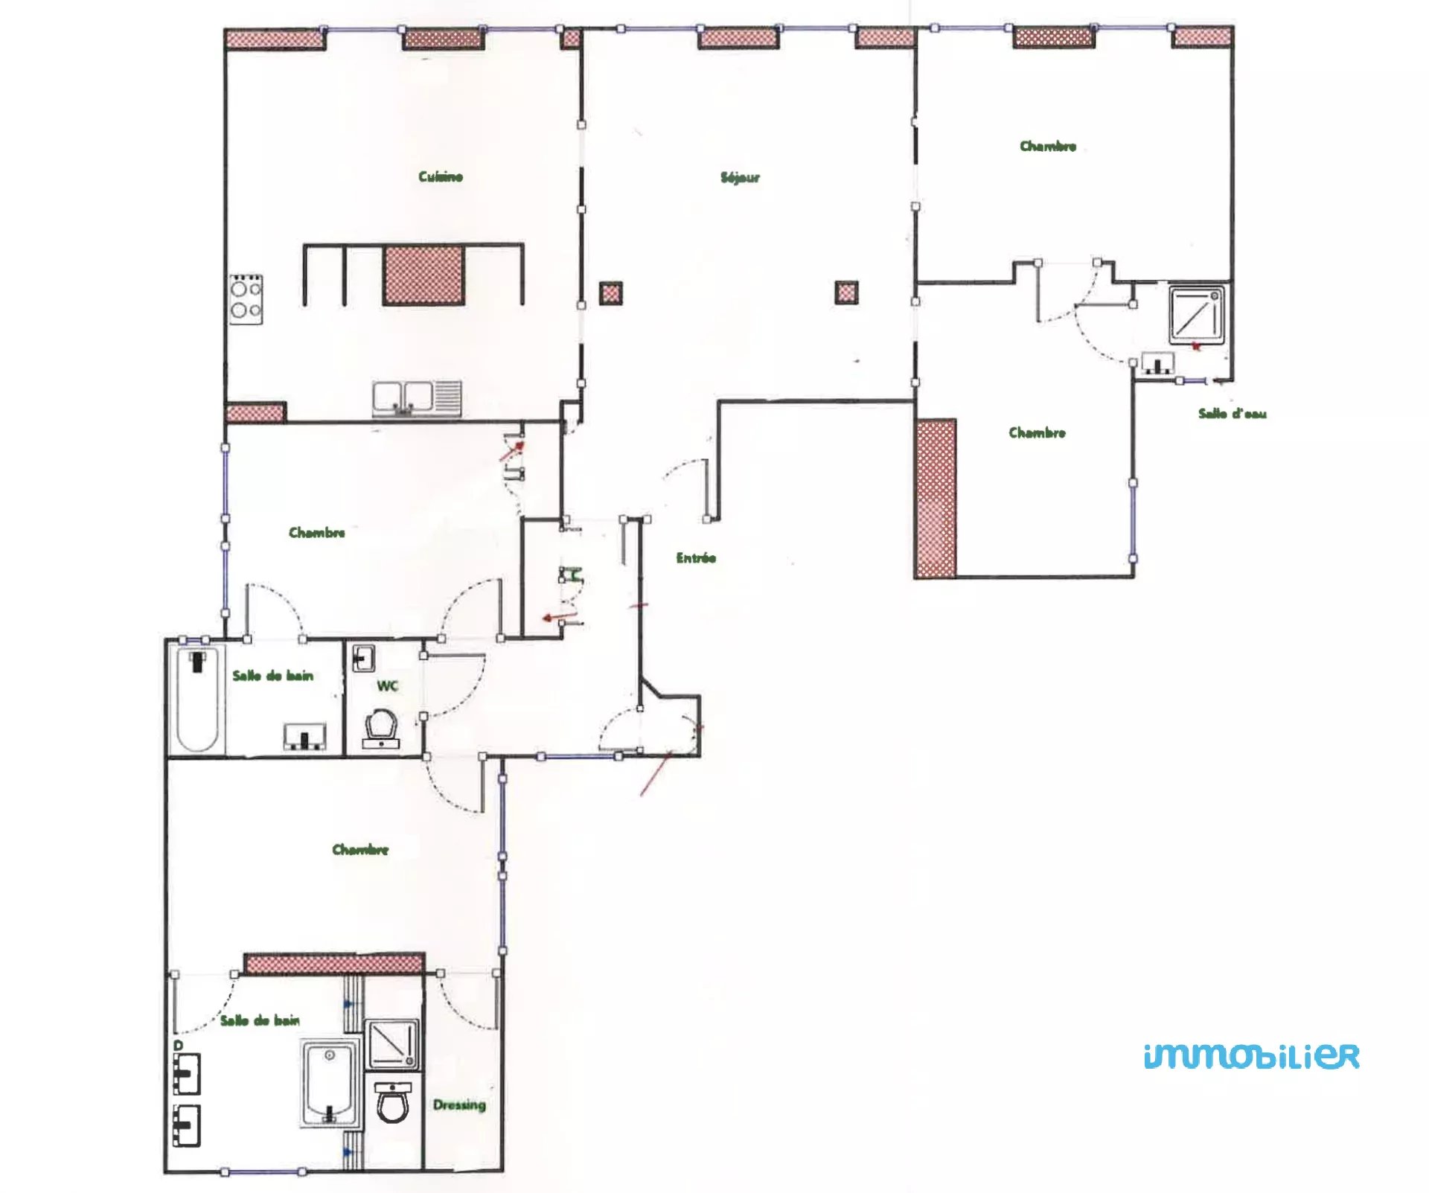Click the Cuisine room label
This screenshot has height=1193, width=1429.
click(441, 176)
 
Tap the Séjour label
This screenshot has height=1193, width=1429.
click(740, 177)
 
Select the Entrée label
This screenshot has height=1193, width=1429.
click(696, 557)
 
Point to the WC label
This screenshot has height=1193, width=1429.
click(387, 685)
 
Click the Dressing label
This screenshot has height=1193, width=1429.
click(459, 1105)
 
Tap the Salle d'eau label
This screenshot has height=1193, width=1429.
click(1232, 413)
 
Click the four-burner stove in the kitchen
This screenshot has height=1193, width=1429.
click(246, 299)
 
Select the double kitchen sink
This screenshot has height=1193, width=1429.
click(417, 399)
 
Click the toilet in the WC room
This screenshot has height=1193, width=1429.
click(380, 729)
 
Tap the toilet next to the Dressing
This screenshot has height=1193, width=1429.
click(392, 1103)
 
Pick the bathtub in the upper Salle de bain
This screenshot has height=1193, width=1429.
click(198, 700)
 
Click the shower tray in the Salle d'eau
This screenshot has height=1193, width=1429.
click(1196, 315)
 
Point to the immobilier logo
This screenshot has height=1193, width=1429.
click(1251, 1056)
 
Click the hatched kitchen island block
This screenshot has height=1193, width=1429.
click(424, 275)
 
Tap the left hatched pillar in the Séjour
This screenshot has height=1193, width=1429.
click(611, 293)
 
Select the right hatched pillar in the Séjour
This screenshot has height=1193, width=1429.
click(846, 292)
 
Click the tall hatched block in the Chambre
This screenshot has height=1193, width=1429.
click(936, 499)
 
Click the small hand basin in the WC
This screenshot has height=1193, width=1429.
click(363, 659)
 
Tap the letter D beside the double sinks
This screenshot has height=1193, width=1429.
click(179, 1046)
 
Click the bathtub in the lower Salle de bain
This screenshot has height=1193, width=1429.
click(330, 1084)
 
